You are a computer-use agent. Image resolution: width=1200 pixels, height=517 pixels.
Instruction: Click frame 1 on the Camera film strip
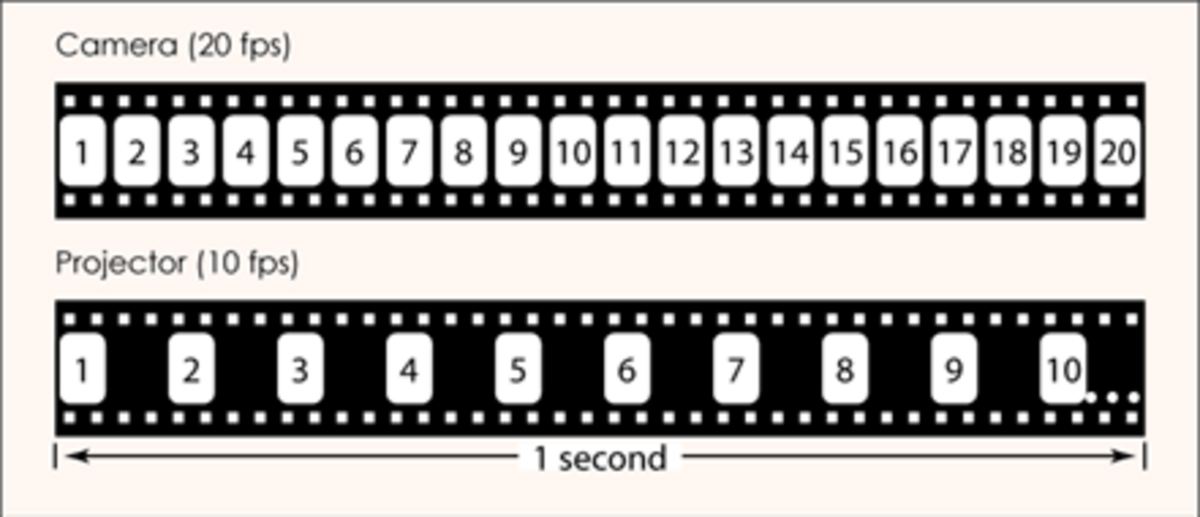tap(82, 151)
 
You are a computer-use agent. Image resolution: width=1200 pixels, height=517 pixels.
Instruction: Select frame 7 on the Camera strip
tap(409, 151)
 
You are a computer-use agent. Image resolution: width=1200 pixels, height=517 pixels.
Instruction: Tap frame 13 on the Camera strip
tap(736, 151)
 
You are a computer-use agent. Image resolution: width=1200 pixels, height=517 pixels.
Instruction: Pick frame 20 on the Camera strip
tap(1117, 151)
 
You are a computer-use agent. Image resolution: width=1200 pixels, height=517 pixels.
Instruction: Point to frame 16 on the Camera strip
tap(899, 151)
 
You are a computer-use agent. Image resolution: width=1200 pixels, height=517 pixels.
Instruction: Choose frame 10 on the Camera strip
tap(573, 151)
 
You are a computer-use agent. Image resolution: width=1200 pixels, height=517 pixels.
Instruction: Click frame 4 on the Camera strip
tap(246, 151)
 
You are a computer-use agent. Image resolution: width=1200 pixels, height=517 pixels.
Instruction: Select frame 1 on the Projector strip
tap(82, 369)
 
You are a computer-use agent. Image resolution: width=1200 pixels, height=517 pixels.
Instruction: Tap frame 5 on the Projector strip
tap(518, 369)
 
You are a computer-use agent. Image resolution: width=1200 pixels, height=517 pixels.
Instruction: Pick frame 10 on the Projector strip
tap(1063, 369)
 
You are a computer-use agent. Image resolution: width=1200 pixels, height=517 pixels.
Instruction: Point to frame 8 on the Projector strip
tap(845, 369)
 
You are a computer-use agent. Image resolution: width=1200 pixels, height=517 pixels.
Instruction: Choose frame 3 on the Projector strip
tap(300, 369)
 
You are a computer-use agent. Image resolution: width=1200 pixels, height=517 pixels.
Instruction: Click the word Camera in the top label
tap(116, 45)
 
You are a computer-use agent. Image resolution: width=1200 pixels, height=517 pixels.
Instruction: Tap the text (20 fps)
tap(239, 46)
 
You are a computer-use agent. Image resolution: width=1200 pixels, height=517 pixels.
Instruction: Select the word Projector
tap(122, 264)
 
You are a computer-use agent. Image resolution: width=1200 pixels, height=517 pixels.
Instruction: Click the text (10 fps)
tap(247, 264)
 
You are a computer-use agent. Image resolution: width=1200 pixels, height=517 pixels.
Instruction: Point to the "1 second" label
tap(600, 459)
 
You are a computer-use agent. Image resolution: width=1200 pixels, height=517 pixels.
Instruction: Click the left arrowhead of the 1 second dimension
tap(76, 456)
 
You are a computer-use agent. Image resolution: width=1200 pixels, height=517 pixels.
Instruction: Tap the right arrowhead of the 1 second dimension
tap(1123, 456)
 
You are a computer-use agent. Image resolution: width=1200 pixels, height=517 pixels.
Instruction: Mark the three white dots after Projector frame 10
tap(1112, 398)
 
